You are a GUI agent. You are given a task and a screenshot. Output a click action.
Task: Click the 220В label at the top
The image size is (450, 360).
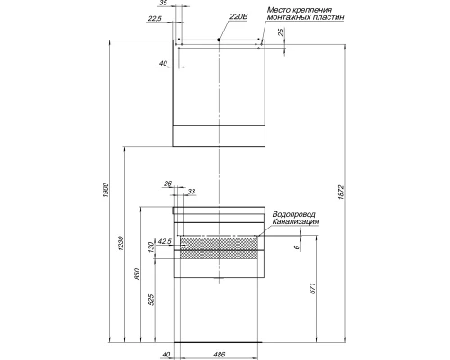pos(238,16)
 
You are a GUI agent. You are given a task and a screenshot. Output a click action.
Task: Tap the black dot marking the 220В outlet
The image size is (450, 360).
pos(220,40)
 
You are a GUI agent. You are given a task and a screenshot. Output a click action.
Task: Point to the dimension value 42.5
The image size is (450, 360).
pos(164,241)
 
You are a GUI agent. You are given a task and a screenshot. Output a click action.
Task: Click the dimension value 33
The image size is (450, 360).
pos(191,191)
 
